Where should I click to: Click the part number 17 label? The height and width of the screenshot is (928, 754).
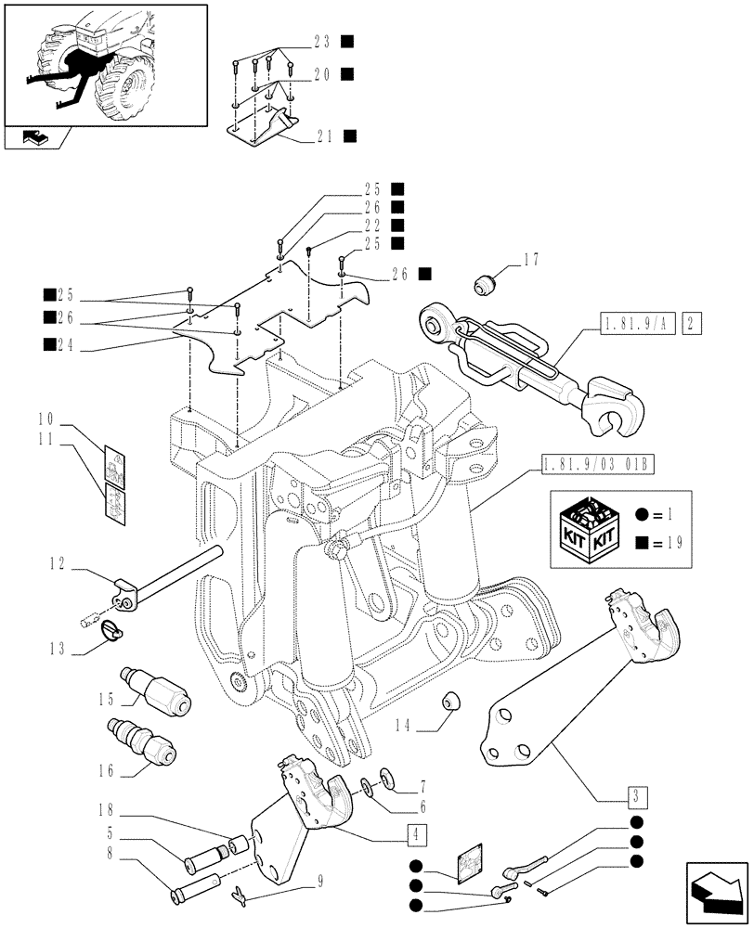(530, 259)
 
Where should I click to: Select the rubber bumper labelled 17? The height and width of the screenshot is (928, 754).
(485, 283)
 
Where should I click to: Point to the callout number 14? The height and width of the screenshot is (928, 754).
(424, 729)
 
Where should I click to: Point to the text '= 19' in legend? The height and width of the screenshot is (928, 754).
(667, 544)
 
